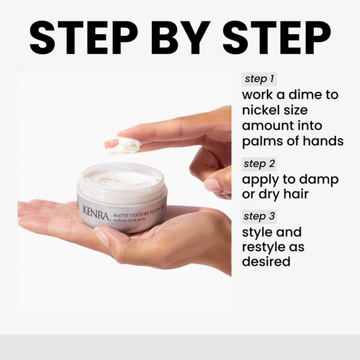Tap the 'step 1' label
coord(259,79)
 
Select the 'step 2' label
coord(260,164)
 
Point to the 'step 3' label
coord(260,216)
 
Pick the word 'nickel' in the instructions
coord(263,110)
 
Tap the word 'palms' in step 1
coord(265,142)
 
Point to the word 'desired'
coord(266,262)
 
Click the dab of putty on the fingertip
coord(128,145)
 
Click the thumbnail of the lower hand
coord(101,237)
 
